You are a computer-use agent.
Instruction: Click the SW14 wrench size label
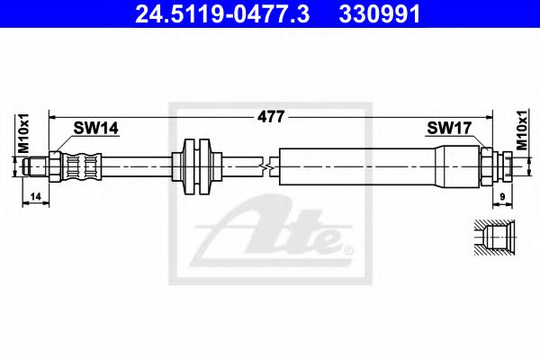(x=97, y=130)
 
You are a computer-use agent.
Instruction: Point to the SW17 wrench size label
(x=448, y=130)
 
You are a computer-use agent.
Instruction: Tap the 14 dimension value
(x=34, y=195)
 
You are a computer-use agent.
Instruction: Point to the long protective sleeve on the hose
(x=360, y=166)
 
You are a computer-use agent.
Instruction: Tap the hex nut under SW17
(x=489, y=166)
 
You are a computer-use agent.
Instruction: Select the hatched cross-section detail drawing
(x=491, y=238)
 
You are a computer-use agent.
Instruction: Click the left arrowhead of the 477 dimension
(x=52, y=116)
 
